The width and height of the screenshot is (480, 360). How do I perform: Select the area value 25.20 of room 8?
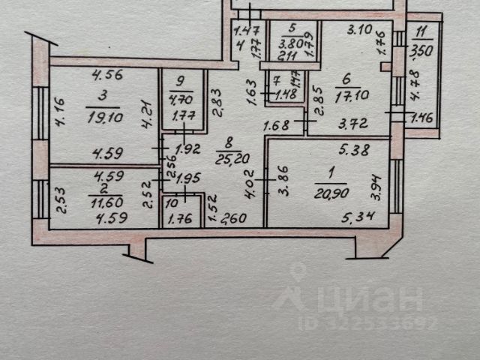click(x=229, y=157)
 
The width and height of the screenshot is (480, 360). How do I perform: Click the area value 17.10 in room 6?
click(x=346, y=97)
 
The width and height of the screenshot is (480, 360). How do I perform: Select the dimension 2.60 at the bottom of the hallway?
click(x=234, y=220)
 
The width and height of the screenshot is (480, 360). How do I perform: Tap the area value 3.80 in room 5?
click(x=288, y=43)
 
